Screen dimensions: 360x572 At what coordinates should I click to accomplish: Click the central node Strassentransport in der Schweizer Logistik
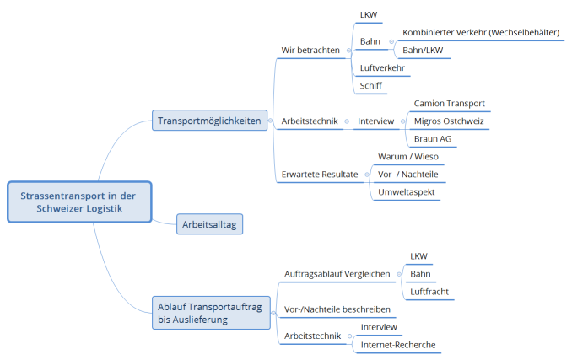79,202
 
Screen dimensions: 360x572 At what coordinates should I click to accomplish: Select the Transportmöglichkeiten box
210,121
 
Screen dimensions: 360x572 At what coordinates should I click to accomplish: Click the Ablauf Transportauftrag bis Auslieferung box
210,313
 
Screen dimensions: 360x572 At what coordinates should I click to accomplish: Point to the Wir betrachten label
310,50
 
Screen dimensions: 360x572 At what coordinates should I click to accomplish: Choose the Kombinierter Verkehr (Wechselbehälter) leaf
481,32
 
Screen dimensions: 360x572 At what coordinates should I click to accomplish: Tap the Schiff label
372,85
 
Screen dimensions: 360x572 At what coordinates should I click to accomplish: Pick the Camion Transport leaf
449,103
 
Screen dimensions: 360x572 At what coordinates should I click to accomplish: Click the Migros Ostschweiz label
450,121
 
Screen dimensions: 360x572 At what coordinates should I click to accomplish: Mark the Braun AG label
433,138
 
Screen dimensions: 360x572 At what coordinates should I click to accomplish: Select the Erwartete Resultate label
320,175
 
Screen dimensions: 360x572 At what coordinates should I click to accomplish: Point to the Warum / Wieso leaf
407,157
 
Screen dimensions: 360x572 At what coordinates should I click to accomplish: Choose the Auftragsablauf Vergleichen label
337,274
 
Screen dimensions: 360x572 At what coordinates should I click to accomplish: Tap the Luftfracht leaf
429,292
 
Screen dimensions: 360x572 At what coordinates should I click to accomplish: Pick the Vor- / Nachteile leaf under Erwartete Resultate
407,175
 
